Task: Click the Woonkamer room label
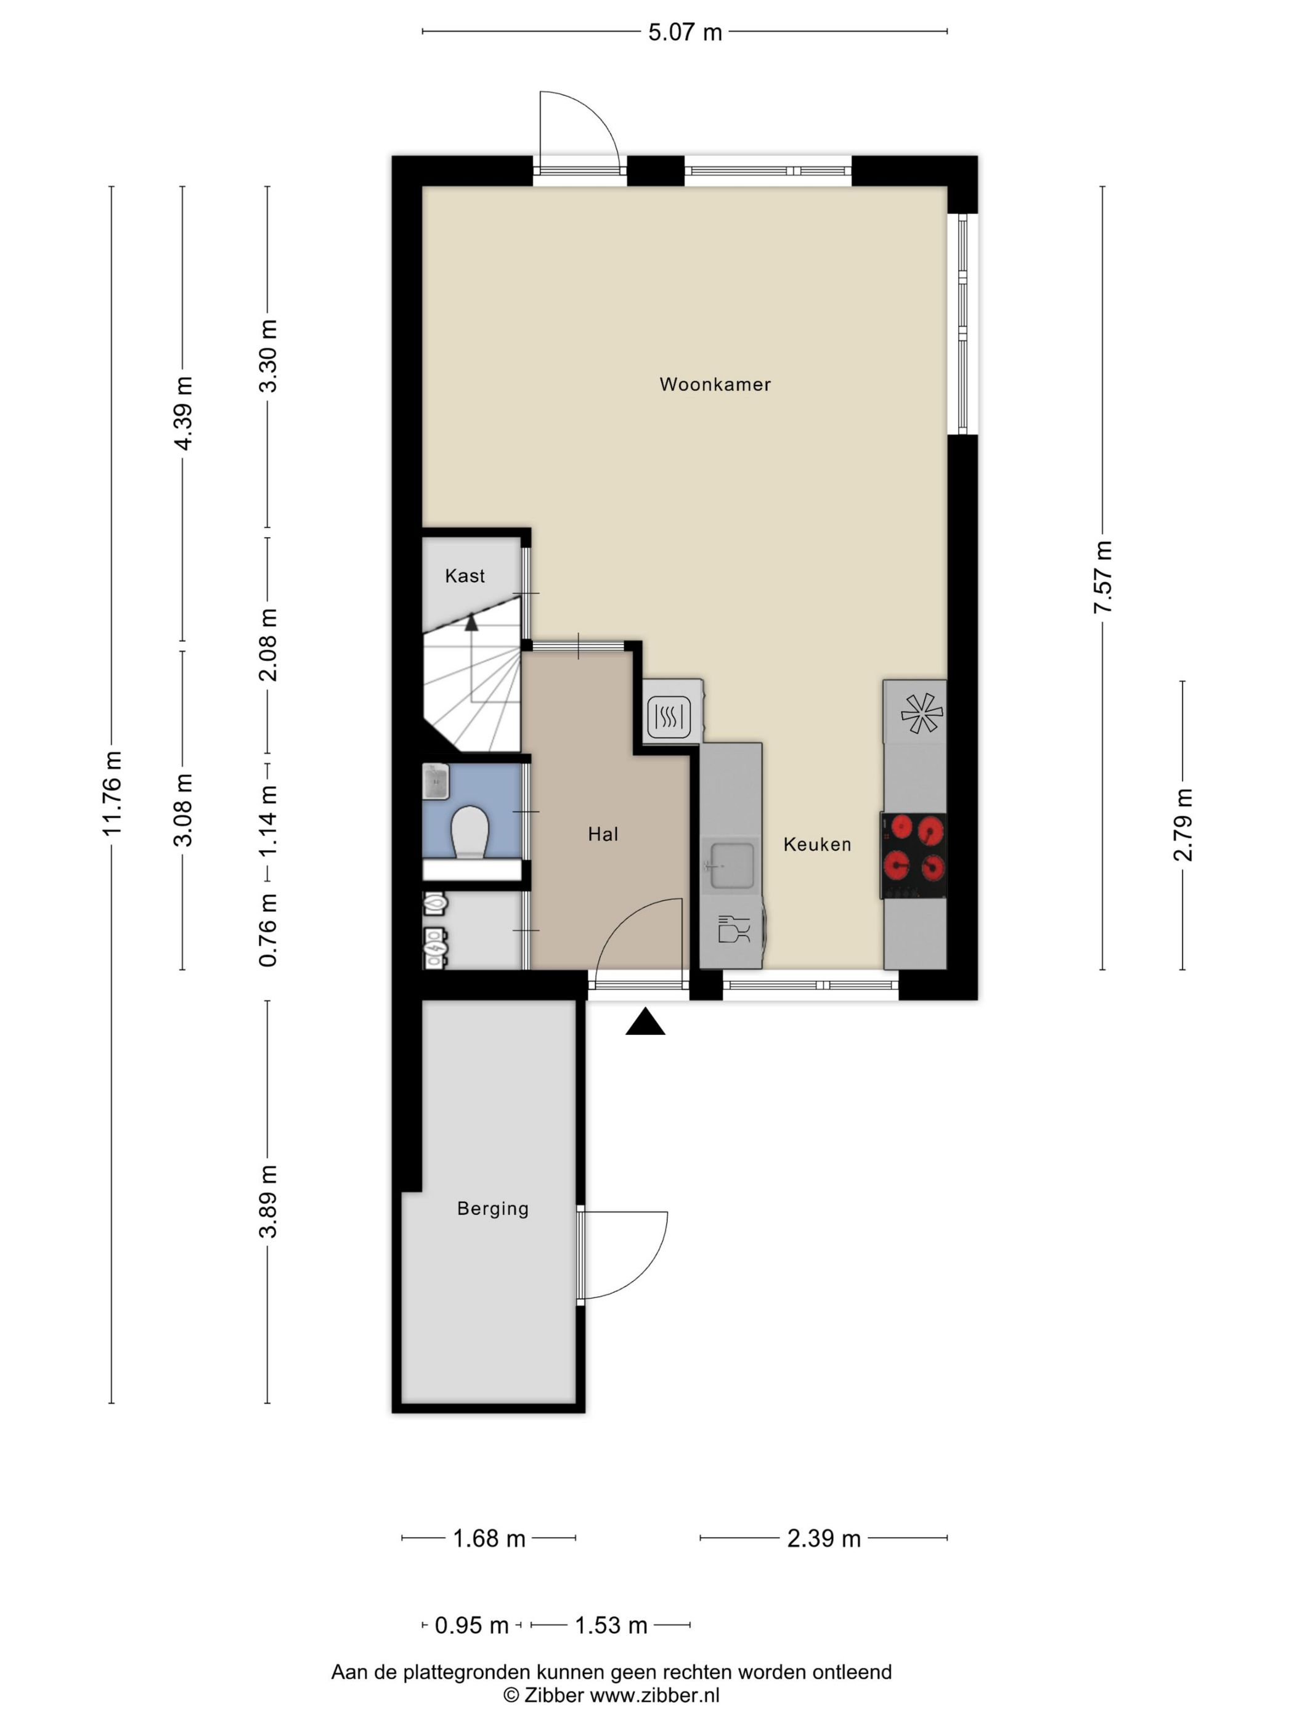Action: [714, 384]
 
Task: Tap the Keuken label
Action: [816, 844]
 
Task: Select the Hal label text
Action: [603, 834]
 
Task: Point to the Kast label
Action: [465, 575]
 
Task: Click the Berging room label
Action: [493, 1209]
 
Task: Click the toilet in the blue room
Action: [470, 831]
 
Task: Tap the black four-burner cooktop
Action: [913, 856]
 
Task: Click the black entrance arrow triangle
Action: [645, 1021]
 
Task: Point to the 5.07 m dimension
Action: [685, 33]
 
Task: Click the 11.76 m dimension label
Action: [112, 793]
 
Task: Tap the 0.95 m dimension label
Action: [471, 1626]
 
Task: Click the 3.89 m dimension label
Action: [268, 1202]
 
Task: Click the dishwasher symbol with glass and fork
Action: [733, 929]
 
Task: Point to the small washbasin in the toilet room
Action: [435, 781]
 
